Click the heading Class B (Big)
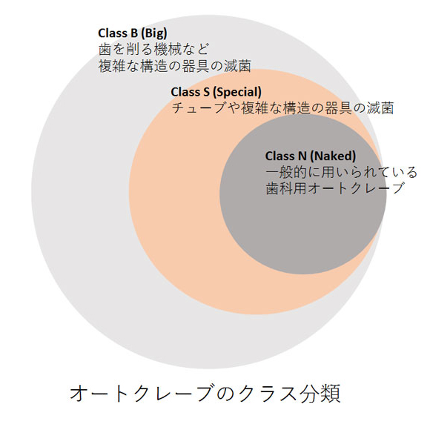coord(133,33)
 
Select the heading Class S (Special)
coord(216,92)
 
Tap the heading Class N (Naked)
coord(311,156)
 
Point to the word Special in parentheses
coord(237,92)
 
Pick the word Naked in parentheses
coord(333,156)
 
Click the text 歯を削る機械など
coord(153,50)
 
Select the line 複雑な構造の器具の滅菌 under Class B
coord(175,66)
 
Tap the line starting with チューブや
coord(282,108)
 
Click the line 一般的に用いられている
coord(341,173)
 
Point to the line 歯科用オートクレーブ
coord(335,188)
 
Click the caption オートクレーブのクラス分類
coord(205,393)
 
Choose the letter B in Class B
coord(134,33)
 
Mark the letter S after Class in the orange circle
coord(207,92)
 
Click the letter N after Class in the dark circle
coord(302,156)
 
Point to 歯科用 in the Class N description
coord(285,188)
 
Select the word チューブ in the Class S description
coord(198,108)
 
